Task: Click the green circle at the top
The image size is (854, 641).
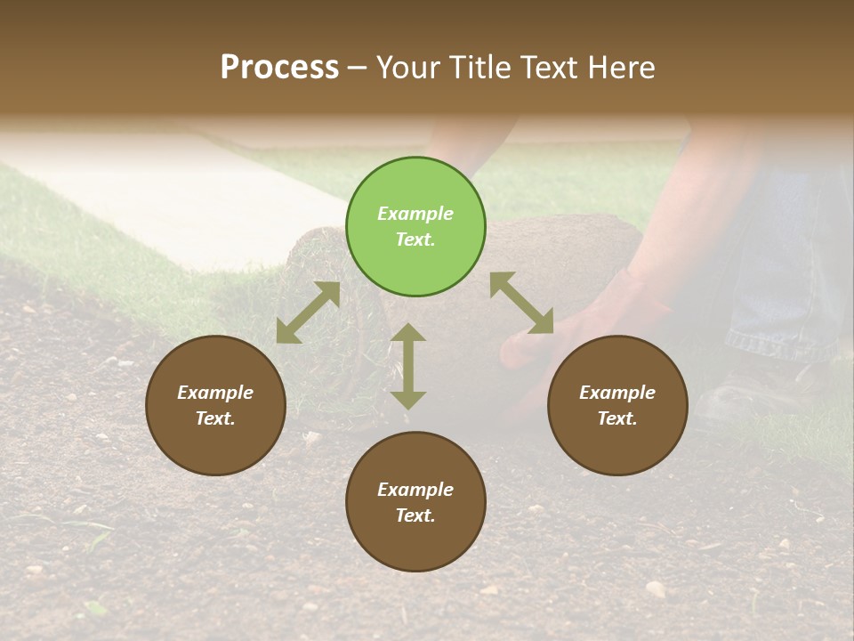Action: [x=415, y=226]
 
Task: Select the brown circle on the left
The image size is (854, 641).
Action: [x=215, y=405]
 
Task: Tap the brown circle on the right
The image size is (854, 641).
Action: [x=617, y=405]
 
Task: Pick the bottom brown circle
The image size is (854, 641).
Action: [x=415, y=502]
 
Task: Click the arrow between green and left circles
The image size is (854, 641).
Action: [x=308, y=312]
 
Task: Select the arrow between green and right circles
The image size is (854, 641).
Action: [x=521, y=303]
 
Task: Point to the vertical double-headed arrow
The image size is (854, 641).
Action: [x=408, y=366]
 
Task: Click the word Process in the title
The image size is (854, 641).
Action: [x=279, y=67]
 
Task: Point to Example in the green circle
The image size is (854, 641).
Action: [x=415, y=214]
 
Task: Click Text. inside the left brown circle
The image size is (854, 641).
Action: [x=215, y=418]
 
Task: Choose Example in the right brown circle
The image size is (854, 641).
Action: [x=617, y=393]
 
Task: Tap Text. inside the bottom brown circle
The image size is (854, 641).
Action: [x=415, y=515]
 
